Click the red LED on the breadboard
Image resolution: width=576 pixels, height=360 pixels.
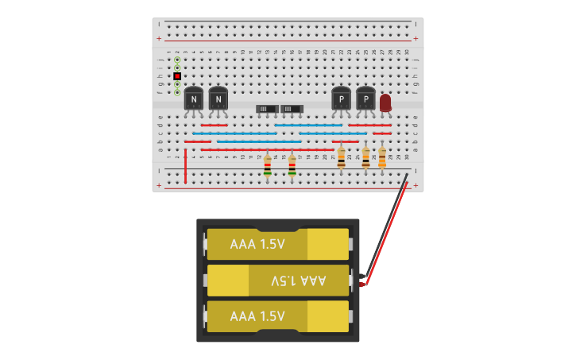385,102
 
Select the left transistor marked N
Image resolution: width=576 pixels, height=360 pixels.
194,99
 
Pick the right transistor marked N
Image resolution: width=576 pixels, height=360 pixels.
218,99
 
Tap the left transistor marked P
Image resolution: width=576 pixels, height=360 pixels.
341,99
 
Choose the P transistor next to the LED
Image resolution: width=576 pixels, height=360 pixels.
365,99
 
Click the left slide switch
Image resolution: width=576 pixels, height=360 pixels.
267,108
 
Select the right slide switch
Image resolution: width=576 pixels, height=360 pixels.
292,108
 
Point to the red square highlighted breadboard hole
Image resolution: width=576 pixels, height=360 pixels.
177,76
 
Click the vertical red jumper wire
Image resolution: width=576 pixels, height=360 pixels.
186,165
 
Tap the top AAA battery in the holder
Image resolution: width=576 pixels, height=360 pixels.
278,244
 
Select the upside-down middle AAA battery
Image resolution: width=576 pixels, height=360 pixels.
278,281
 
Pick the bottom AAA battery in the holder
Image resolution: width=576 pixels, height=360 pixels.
278,316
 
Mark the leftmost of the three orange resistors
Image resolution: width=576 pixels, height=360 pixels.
342,157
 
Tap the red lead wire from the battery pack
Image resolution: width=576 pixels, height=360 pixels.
387,238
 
